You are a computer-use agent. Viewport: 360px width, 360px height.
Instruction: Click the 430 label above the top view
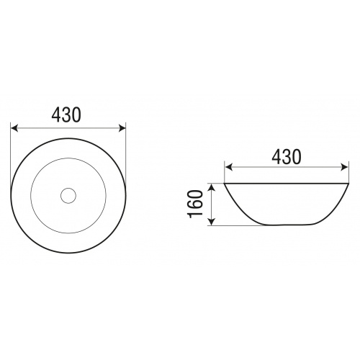(x=66, y=114)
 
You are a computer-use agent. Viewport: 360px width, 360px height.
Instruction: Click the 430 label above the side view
(x=286, y=156)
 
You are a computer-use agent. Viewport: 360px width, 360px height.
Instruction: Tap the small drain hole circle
(x=68, y=196)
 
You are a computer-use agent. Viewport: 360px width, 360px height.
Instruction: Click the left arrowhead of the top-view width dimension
(x=14, y=128)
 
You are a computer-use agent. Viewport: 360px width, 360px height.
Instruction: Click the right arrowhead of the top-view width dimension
(x=122, y=128)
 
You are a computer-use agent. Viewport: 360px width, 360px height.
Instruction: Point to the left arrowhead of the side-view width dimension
(x=228, y=167)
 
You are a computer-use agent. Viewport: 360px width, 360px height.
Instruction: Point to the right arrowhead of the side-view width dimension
(x=344, y=167)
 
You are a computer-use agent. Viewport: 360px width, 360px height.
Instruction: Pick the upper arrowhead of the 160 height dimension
(x=212, y=186)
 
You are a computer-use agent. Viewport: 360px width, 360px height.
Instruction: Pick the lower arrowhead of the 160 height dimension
(x=212, y=222)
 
